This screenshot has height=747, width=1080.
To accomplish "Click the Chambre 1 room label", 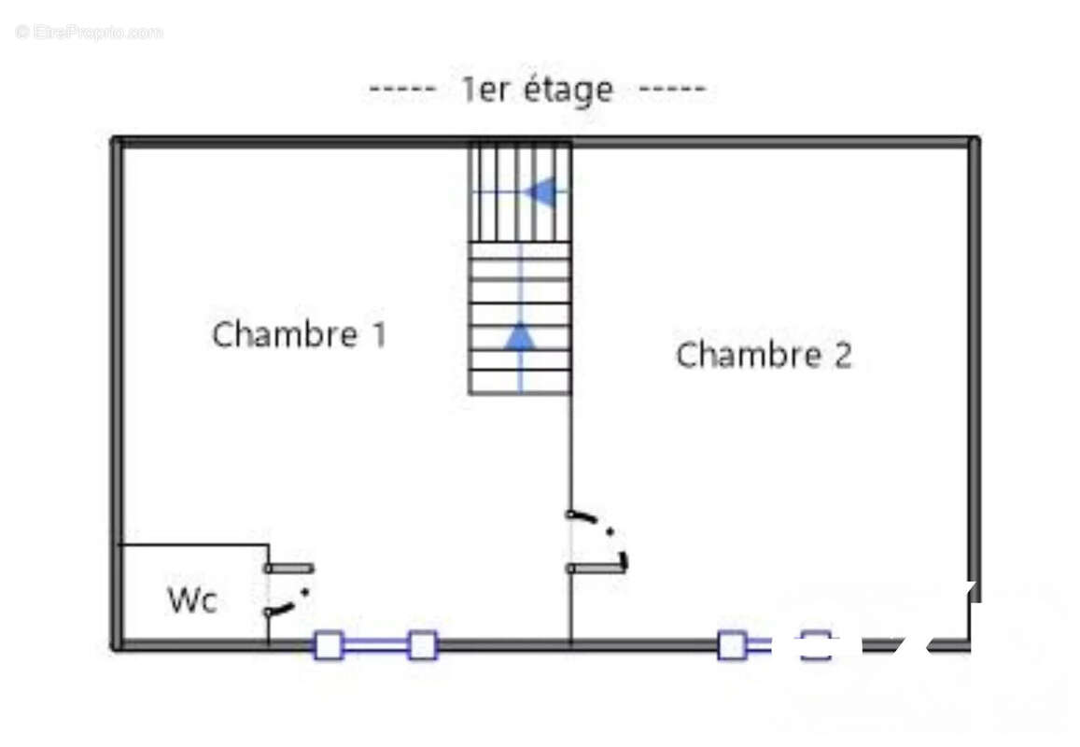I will pos(299,334).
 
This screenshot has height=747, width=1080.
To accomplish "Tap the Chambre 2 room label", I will pos(764,356).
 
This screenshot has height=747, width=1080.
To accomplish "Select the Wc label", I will pos(192,600).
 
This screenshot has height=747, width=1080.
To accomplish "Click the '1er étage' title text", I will pos(538,90).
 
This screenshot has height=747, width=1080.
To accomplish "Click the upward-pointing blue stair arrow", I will pos(520,337).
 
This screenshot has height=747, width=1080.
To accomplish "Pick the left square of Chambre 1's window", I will pos(328,645).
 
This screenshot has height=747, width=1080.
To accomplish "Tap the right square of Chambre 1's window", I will pos(423,645).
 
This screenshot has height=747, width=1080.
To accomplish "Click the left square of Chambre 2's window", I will pos(732,645).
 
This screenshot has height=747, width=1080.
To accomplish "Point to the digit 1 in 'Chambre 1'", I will pos(378,334).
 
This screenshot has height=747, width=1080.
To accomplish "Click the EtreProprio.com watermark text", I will pos(90,33).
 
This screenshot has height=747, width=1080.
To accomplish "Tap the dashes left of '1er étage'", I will pos(402,90).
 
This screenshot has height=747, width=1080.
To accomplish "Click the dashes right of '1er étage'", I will pos(672,90).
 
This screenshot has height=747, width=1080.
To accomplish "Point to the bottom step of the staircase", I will pos(520,382).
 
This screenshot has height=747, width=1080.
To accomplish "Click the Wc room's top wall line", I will pos(193,544).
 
